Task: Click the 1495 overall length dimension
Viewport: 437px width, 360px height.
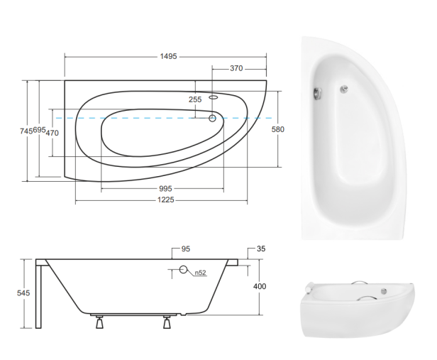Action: click(168, 57)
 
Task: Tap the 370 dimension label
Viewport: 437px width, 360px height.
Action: click(236, 68)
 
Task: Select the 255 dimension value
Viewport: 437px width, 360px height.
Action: click(195, 99)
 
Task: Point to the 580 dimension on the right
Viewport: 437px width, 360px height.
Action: click(278, 129)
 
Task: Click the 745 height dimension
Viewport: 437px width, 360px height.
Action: click(26, 131)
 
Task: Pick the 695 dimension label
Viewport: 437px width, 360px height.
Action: click(39, 130)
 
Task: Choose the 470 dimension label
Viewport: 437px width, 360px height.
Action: click(52, 133)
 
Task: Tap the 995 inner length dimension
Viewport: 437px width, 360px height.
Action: click(165, 189)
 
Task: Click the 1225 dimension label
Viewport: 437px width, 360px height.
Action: click(166, 200)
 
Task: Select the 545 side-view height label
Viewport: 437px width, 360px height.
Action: click(23, 293)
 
